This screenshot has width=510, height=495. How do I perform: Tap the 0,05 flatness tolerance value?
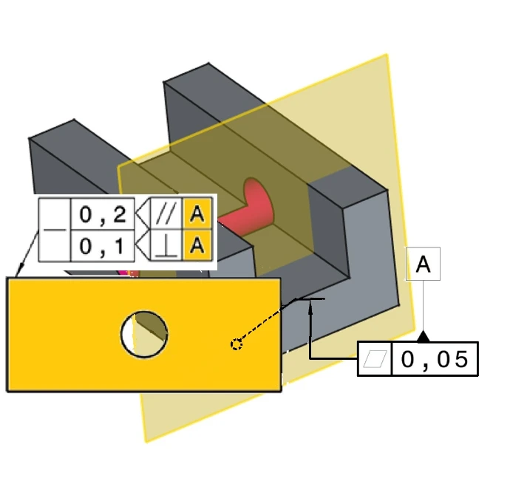(x=435, y=359)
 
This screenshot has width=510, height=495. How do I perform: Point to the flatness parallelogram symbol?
(x=375, y=360)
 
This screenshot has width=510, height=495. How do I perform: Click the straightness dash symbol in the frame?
(x=54, y=230)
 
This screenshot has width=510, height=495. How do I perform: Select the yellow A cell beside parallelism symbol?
(x=197, y=215)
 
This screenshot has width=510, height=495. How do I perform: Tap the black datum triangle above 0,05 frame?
(x=424, y=337)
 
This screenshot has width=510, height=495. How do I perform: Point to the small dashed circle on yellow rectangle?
(x=237, y=344)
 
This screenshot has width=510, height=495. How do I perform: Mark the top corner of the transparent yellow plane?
(x=387, y=55)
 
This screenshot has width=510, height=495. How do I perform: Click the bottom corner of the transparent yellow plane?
(x=146, y=441)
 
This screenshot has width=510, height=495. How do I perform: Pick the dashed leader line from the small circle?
(x=266, y=321)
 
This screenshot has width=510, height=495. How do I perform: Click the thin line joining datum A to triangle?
(x=423, y=307)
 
